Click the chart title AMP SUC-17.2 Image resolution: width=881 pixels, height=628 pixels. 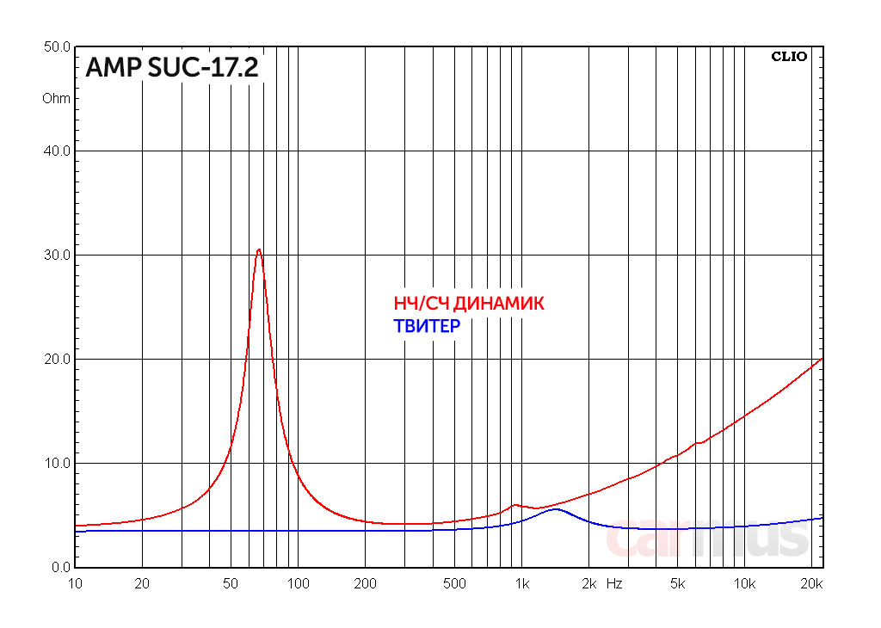pos(172,68)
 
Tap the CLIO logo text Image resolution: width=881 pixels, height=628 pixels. pos(789,57)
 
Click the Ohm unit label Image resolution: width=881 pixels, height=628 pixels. pos(57,98)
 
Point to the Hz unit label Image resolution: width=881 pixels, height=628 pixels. pos(613,584)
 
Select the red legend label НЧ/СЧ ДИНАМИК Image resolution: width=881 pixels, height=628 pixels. pos(469,304)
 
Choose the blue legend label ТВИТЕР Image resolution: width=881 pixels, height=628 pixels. pos(427,326)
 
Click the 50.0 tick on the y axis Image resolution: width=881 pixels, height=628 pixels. pos(57,47)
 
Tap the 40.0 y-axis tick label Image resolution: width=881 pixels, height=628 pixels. pos(57,151)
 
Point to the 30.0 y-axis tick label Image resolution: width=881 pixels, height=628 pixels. pos(57,256)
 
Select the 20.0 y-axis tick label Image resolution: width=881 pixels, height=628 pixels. pos(57,360)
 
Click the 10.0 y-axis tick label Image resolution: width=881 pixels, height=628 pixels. pos(57,464)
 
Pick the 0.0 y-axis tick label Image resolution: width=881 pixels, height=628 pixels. pos(60,568)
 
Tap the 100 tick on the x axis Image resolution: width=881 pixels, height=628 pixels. pos(298,584)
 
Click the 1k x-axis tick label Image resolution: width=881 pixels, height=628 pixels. pos(521,584)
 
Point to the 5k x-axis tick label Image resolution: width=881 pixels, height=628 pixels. pos(677,584)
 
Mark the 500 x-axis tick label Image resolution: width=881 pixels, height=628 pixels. pos(454,584)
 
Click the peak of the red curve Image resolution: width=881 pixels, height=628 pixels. pos(259,249)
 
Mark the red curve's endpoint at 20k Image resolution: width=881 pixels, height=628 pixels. pos(822,358)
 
